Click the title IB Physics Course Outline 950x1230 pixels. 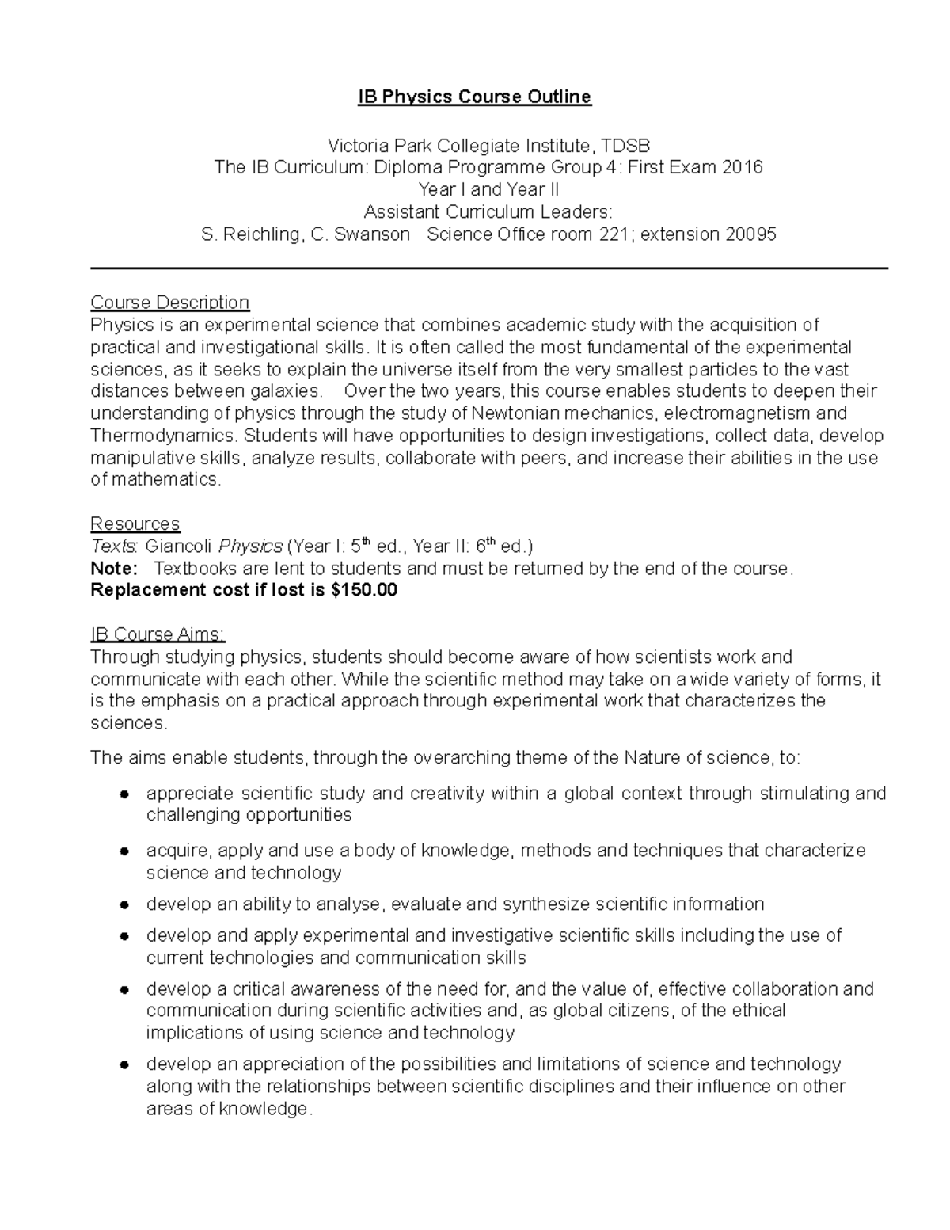(474, 97)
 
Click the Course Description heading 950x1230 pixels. (169, 303)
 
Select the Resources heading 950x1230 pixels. (135, 524)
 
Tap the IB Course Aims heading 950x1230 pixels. (158, 634)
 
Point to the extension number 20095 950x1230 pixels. (747, 234)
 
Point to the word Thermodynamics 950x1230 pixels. (162, 436)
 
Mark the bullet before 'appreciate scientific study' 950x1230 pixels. (124, 794)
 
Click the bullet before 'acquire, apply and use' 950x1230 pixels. (124, 851)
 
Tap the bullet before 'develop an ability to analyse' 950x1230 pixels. (124, 904)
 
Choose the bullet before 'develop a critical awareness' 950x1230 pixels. (124, 989)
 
